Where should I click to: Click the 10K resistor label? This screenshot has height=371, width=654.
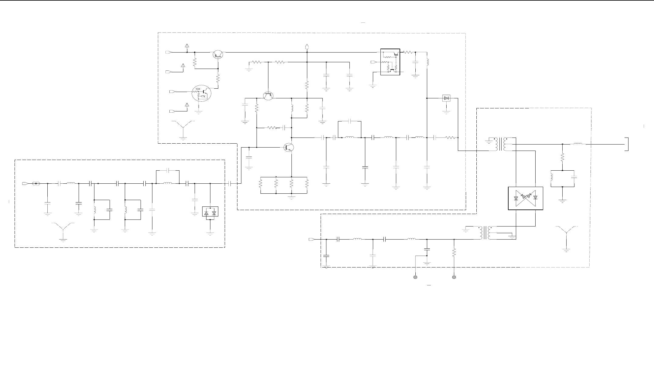click(198, 89)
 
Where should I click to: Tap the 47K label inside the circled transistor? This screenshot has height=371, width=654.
click(203, 97)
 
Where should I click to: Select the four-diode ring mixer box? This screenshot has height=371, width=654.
click(526, 198)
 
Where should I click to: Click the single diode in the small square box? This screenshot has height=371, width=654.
click(446, 98)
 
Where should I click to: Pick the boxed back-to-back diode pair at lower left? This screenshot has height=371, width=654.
click(210, 212)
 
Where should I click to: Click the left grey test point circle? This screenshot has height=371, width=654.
click(415, 277)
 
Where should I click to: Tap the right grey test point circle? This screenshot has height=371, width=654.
click(454, 277)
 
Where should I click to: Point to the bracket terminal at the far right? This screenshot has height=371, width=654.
click(627, 144)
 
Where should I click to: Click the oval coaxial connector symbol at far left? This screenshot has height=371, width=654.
click(36, 183)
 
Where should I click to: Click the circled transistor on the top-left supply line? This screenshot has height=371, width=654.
click(218, 54)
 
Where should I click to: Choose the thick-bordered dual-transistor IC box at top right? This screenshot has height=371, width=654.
click(390, 62)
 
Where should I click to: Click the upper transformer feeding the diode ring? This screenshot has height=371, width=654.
click(501, 144)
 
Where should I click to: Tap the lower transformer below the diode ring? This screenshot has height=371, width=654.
click(485, 233)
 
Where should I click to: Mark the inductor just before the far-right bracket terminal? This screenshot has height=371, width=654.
click(578, 144)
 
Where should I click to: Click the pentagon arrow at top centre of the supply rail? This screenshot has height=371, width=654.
click(307, 46)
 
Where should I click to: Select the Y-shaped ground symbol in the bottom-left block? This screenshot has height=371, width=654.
click(63, 231)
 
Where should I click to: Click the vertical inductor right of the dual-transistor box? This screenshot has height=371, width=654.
click(427, 62)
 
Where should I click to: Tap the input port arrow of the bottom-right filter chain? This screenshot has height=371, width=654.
click(311, 240)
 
